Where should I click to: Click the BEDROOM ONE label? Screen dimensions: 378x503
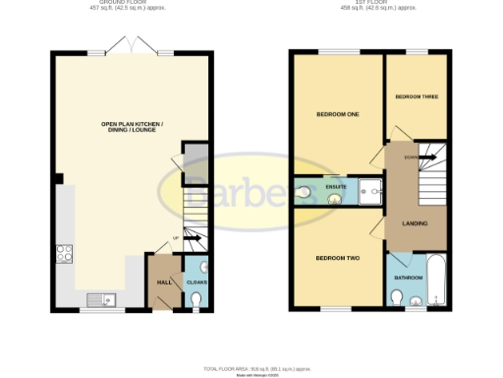pos(337,115)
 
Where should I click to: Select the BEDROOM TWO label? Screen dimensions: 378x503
pos(337,259)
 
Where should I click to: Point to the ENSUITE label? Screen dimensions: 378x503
pos(336,184)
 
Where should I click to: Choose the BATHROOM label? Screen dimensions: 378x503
pos(408,278)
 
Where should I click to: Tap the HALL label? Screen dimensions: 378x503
pos(162,282)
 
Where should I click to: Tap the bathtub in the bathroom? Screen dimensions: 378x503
pos(438,282)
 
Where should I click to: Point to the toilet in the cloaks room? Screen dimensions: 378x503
pos(201,268)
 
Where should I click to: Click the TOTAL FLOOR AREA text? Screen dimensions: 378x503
pos(251,367)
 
